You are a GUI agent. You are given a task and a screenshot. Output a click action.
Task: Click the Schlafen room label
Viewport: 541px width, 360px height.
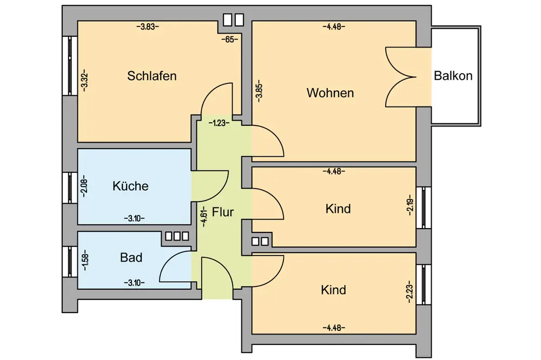(x=152, y=76)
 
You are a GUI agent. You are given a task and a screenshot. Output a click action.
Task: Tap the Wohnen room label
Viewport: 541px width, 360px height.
(x=330, y=93)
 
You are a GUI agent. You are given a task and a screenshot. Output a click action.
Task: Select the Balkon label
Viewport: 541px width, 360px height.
(x=453, y=76)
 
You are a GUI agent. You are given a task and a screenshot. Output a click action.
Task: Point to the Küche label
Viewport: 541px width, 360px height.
(x=130, y=186)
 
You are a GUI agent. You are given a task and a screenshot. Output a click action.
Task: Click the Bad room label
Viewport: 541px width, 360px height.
(x=131, y=258)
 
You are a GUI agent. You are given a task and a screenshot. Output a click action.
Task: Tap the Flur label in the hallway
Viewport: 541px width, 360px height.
(x=223, y=212)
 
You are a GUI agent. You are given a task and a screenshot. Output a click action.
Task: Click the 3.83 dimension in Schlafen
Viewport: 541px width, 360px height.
(x=149, y=26)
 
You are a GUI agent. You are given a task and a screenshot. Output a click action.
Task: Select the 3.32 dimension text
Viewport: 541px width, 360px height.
(x=84, y=82)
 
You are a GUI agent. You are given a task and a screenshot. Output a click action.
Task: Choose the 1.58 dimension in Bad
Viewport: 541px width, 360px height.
(x=84, y=260)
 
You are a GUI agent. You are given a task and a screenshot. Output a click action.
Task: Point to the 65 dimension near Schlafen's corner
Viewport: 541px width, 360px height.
(x=229, y=39)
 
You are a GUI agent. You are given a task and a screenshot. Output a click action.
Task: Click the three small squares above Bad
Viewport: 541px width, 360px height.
(x=177, y=236)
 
